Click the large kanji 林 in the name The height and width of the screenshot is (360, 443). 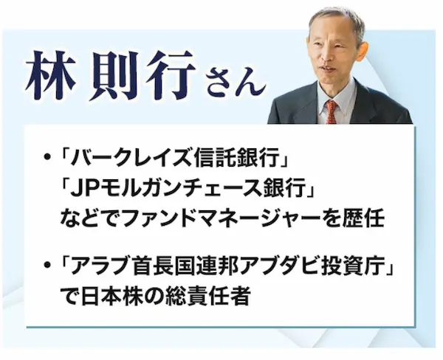pyautogui.click(x=51, y=75)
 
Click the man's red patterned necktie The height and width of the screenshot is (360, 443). pyautogui.click(x=332, y=112)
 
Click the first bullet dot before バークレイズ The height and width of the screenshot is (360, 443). pyautogui.click(x=48, y=156)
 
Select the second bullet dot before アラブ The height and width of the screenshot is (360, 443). pyautogui.click(x=48, y=265)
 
